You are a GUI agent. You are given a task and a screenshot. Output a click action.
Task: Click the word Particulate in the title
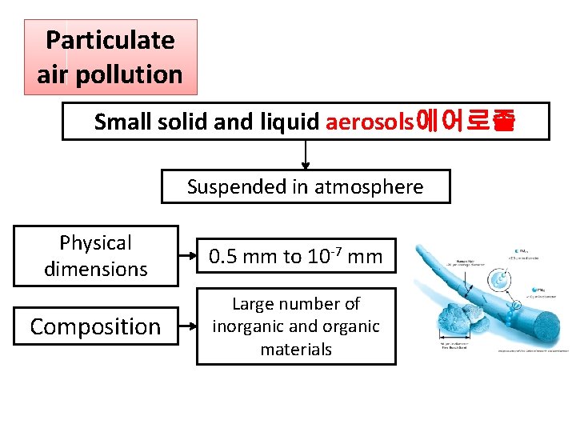point(110,40)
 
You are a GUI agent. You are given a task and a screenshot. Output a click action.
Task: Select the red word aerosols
point(369,122)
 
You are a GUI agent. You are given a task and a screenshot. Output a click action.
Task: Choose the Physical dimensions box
point(96,256)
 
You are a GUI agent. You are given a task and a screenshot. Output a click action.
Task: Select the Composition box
point(96,326)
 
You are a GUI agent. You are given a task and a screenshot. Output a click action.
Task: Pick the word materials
point(296,349)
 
